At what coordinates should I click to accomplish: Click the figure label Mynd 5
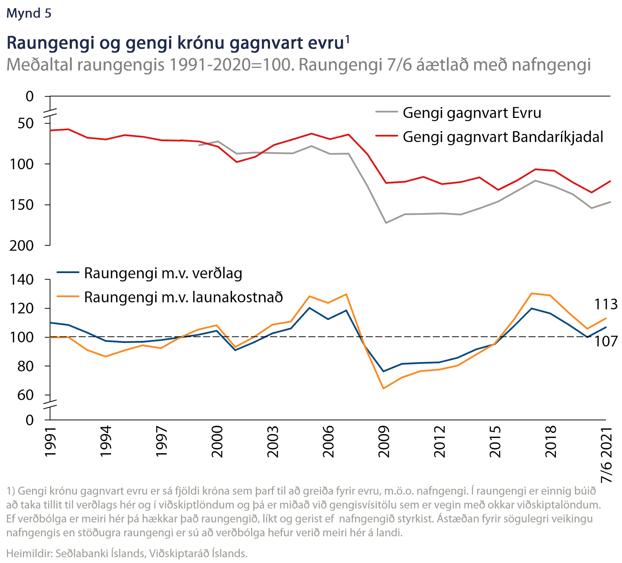[x=29, y=13]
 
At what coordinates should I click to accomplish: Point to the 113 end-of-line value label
[x=606, y=304]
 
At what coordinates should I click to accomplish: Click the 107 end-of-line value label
[x=606, y=342]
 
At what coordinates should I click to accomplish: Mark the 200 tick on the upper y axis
[x=21, y=246]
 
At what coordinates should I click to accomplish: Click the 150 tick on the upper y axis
[x=21, y=205]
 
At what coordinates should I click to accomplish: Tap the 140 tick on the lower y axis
[x=21, y=280]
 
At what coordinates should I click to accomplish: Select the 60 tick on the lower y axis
[x=25, y=395]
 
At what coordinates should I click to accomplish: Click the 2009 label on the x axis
[x=384, y=441]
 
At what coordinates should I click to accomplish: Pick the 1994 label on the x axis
[x=106, y=441]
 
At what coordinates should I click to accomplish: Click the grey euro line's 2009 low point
[x=386, y=223]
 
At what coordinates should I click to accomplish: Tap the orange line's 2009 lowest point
[x=383, y=389]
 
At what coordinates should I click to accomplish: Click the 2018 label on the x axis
[x=550, y=441]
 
